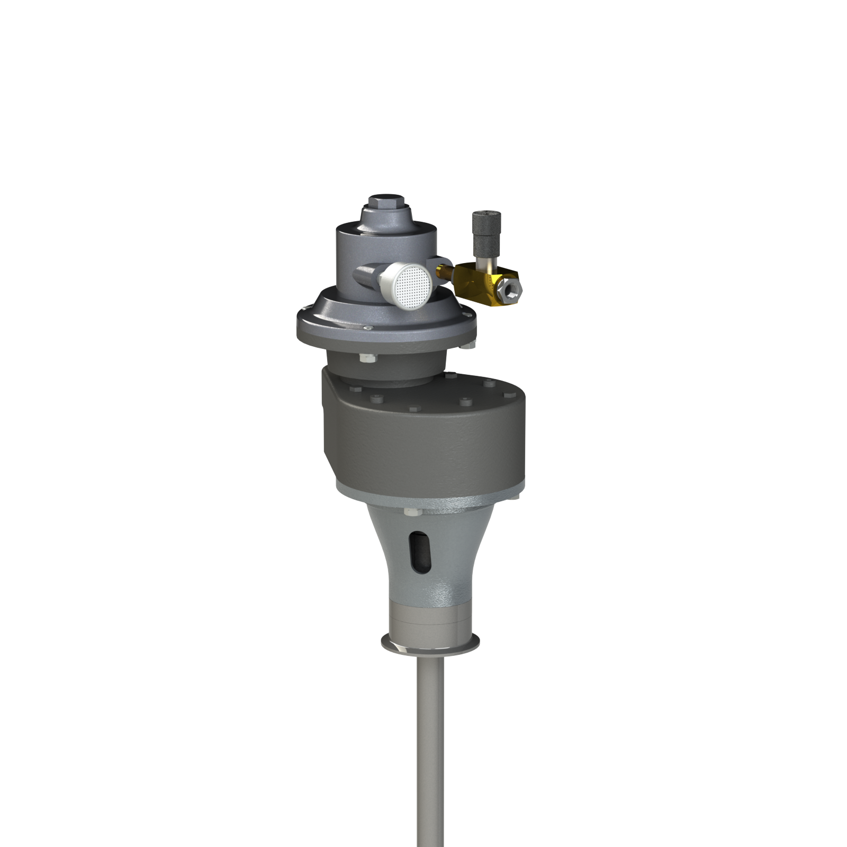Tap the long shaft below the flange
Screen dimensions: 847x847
tap(430, 752)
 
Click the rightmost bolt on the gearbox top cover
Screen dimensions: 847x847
tap(509, 395)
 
